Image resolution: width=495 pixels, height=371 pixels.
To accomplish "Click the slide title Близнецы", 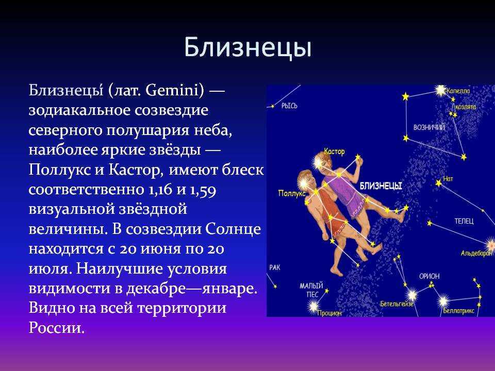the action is tap(248, 48).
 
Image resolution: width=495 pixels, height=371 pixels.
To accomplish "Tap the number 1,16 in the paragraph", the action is tap(159, 190).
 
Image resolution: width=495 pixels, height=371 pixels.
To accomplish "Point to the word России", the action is tap(57, 327).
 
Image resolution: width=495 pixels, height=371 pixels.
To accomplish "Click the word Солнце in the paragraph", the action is tap(233, 229).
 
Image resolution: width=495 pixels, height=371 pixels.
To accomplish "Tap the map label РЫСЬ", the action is tap(289, 106).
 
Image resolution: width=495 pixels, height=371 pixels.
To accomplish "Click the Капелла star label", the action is tap(458, 91).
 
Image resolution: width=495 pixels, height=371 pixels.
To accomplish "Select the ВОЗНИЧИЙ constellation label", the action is tap(429, 127).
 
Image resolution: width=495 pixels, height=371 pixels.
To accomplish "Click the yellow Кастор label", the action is tap(334, 151).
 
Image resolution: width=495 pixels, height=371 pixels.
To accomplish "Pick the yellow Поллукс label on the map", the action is tap(292, 193).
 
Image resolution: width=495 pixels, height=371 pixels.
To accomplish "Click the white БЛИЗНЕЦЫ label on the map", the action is tap(381, 186).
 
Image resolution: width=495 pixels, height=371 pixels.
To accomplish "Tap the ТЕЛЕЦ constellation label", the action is tap(464, 221).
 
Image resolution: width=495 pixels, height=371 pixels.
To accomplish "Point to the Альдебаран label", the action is tap(476, 253).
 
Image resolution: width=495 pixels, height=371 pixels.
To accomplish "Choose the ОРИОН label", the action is tap(430, 276).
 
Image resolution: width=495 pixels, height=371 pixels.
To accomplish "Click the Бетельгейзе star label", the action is tap(397, 304).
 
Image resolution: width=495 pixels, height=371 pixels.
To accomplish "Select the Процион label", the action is tap(329, 313).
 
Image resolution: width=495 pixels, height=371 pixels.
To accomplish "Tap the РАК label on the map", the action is tap(275, 267).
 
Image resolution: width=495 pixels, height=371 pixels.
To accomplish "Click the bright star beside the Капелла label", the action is tap(440, 91).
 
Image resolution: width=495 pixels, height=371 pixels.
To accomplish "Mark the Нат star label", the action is tap(448, 179).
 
